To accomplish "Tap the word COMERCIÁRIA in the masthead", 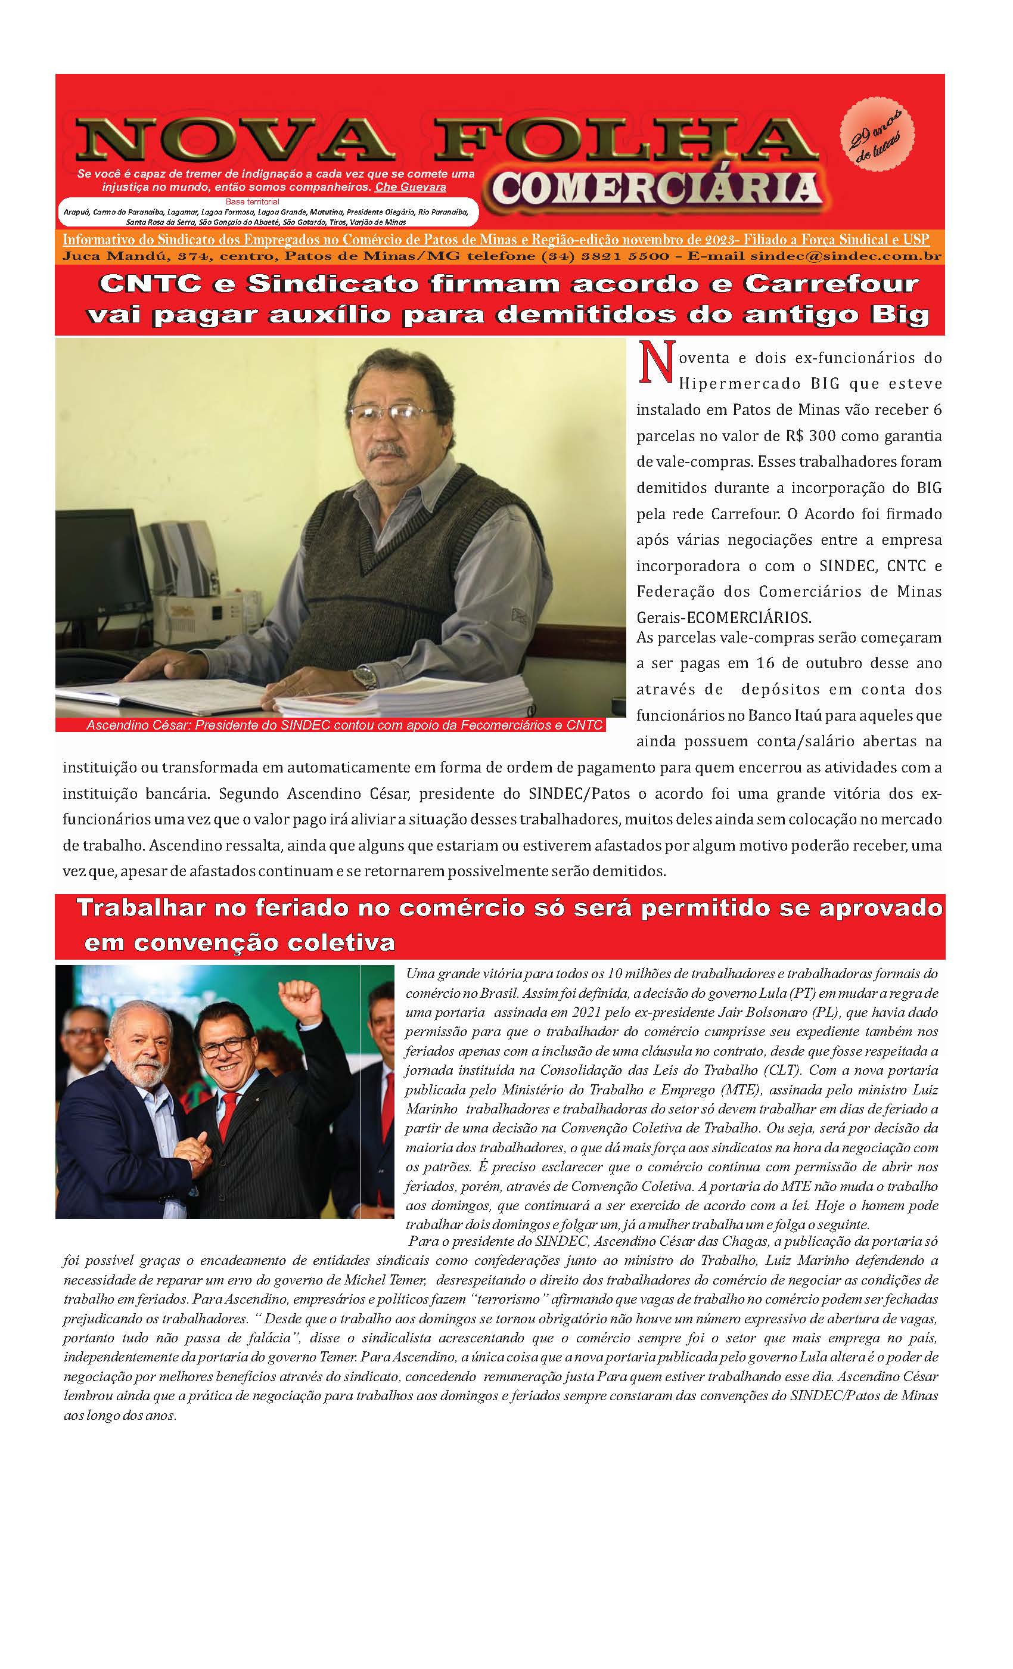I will pyautogui.click(x=656, y=188).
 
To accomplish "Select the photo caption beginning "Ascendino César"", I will pyautogui.click(x=343, y=725).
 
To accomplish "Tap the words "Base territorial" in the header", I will pyautogui.click(x=251, y=201).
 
